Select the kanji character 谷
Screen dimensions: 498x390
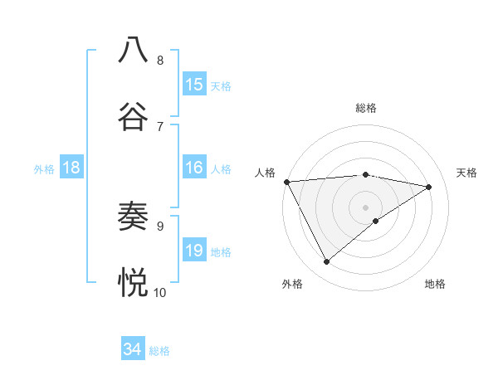click(134, 115)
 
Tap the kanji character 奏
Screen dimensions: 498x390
click(134, 217)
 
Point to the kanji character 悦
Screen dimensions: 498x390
click(134, 282)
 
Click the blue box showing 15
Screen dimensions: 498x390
click(194, 85)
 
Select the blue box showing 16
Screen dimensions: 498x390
click(194, 168)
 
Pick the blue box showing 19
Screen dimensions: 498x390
click(194, 251)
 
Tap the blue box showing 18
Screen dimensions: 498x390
click(71, 168)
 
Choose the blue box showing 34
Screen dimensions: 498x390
click(133, 350)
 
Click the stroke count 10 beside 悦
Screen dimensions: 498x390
click(160, 292)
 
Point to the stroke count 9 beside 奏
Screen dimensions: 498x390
click(160, 225)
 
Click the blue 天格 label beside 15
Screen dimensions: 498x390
click(221, 85)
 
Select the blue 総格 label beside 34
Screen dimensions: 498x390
click(159, 351)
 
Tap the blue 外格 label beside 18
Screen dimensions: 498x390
click(44, 169)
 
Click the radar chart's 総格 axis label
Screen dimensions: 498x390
click(366, 108)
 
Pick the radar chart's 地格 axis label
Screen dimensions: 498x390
click(435, 284)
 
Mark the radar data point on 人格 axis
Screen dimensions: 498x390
click(286, 182)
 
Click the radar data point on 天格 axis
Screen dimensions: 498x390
click(429, 187)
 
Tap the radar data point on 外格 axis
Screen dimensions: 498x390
click(327, 262)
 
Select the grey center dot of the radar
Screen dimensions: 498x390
click(366, 207)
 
